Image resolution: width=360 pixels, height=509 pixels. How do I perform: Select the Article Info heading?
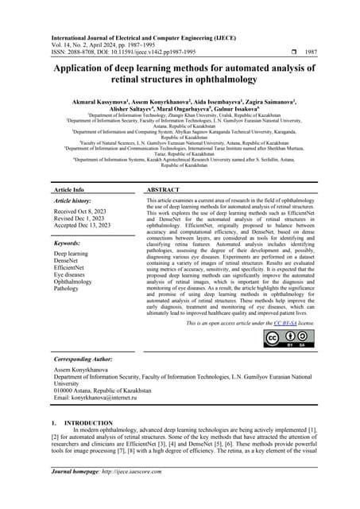coord(69,191)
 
